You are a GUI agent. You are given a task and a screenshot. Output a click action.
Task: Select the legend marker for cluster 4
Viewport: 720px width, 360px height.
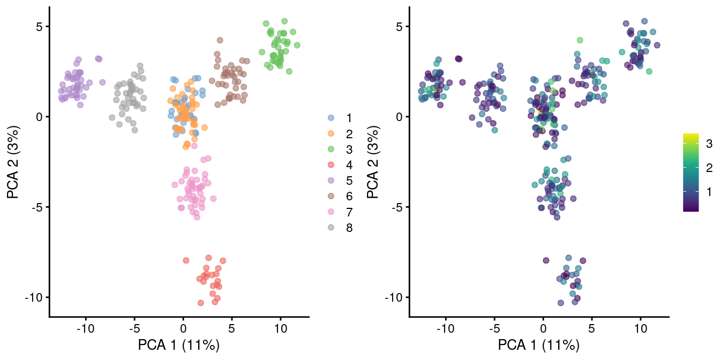331,165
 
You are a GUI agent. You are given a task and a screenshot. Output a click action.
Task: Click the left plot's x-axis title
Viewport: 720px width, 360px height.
179,346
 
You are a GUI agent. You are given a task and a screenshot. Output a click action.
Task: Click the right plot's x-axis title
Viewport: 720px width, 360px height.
539,346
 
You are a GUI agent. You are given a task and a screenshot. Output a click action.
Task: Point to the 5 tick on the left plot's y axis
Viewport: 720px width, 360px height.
39,27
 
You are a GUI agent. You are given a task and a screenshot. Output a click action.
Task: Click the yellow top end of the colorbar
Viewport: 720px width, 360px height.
691,136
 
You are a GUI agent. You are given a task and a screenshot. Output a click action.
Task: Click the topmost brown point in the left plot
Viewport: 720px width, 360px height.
220,40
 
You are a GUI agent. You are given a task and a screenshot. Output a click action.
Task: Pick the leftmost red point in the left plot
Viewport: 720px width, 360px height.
186,260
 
